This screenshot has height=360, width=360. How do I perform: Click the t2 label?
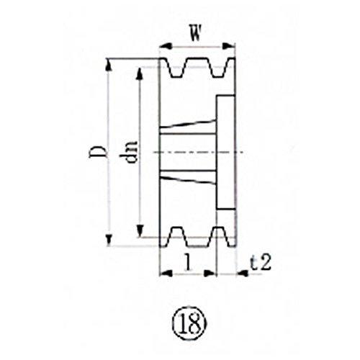(261, 264)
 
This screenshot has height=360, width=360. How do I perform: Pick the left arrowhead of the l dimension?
(162, 274)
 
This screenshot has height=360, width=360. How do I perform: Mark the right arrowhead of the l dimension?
(214, 274)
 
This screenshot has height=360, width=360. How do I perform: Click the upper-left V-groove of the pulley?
(176, 69)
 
